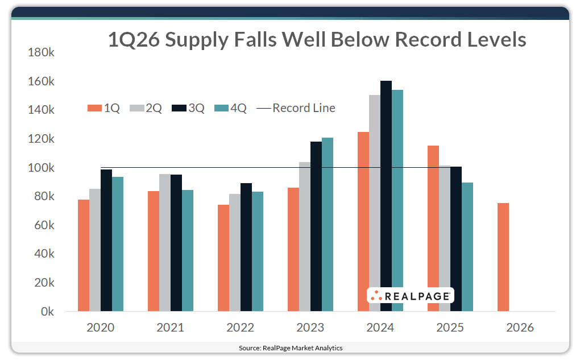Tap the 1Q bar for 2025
tap(433, 228)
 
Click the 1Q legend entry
tap(103, 108)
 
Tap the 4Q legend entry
tap(230, 108)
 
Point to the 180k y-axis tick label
tap(41, 52)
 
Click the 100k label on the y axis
tap(41, 168)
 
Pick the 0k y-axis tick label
tap(46, 312)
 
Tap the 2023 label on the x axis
tap(310, 328)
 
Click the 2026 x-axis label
tap(520, 328)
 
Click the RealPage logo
tap(410, 295)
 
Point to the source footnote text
tap(290, 347)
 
